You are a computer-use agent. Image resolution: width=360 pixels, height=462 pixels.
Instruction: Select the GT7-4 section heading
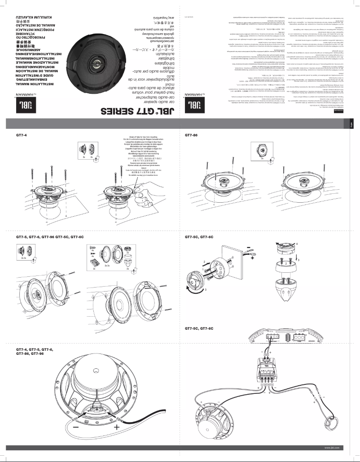[x=22, y=135]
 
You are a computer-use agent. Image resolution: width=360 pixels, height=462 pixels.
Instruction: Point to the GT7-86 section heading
[x=191, y=135]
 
